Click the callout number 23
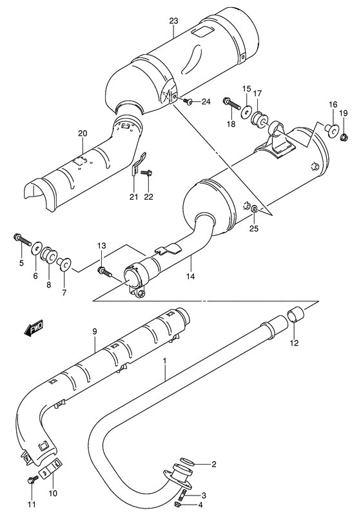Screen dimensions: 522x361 tap(173, 21)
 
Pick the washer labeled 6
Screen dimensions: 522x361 tap(37, 247)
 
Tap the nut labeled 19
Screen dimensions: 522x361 tap(344, 137)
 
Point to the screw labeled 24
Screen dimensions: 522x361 tap(187, 101)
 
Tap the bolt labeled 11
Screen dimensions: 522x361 tap(32, 479)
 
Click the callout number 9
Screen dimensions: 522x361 tap(94, 331)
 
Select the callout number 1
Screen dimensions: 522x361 tap(165, 363)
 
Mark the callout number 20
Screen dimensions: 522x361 tap(82, 133)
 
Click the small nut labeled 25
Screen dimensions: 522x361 tap(256, 209)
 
